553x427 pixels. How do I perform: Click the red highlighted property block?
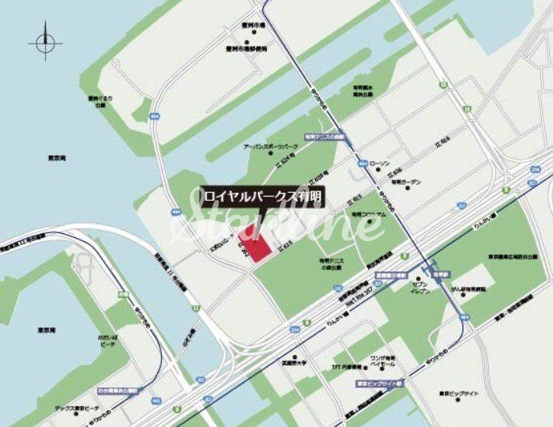click(x=254, y=240)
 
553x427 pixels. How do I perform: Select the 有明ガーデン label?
click(x=407, y=182)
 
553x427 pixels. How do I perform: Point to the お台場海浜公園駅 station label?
click(x=116, y=390)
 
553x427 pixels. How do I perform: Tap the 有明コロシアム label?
click(x=368, y=213)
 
